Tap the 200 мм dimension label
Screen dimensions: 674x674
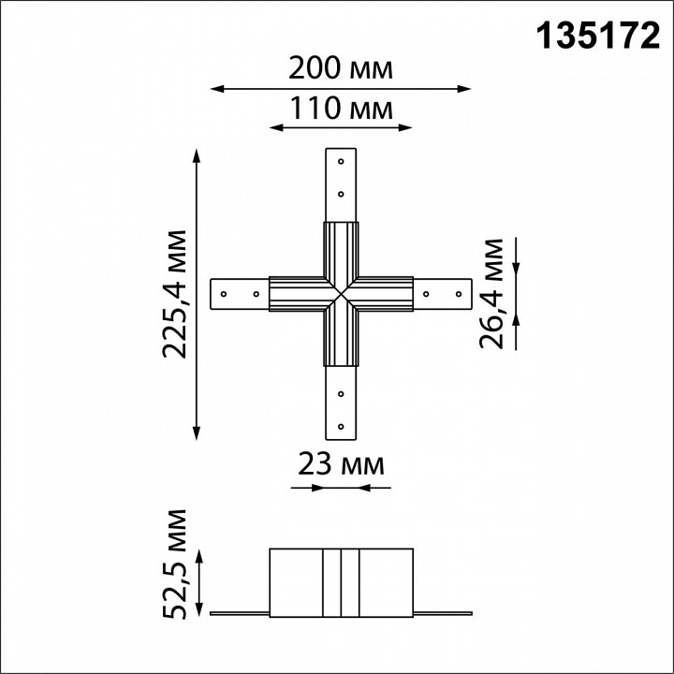[x=341, y=68]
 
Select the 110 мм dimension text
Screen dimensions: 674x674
[x=341, y=109]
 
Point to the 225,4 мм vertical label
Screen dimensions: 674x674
[x=174, y=292]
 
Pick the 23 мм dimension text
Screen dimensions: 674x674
[x=341, y=463]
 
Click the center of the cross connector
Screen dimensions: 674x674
[x=341, y=294]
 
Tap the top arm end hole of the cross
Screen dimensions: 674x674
[x=341, y=162]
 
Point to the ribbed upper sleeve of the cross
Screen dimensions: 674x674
[x=341, y=248]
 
